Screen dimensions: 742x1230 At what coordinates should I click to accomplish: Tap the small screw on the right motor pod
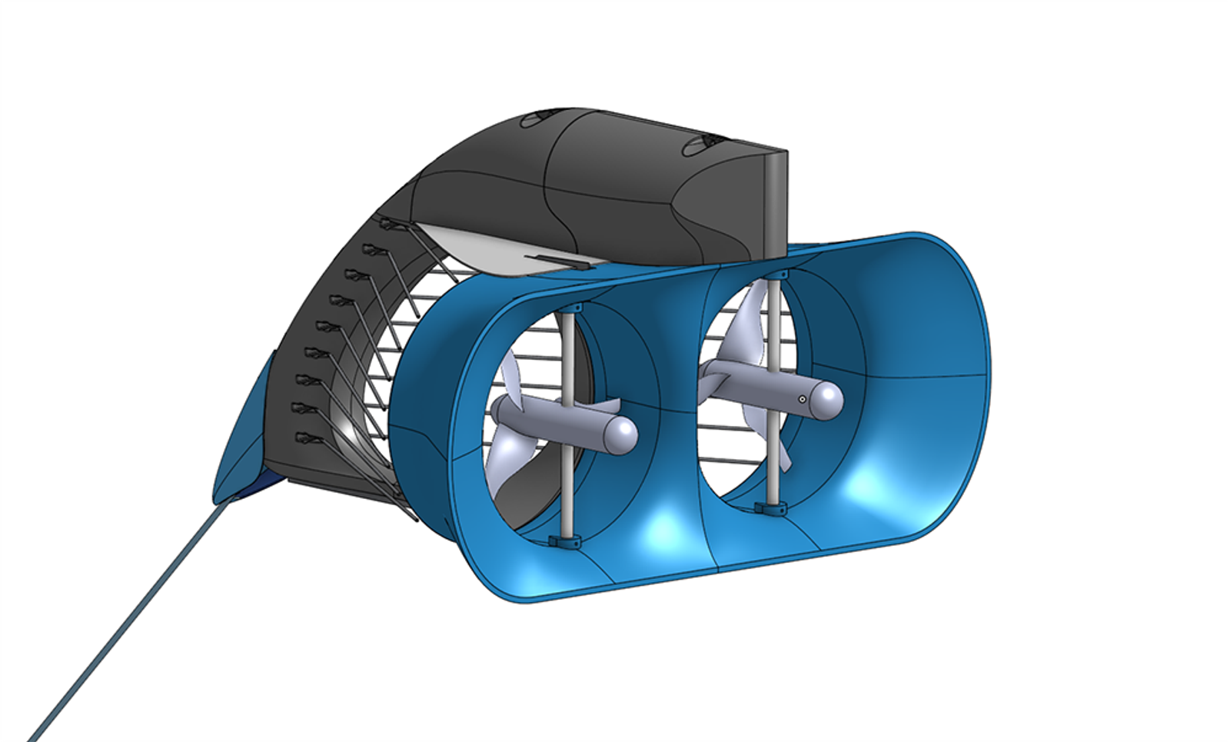click(802, 399)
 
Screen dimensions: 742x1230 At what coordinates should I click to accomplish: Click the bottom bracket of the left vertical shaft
click(565, 541)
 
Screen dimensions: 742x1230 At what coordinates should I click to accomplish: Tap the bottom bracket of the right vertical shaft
click(771, 507)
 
